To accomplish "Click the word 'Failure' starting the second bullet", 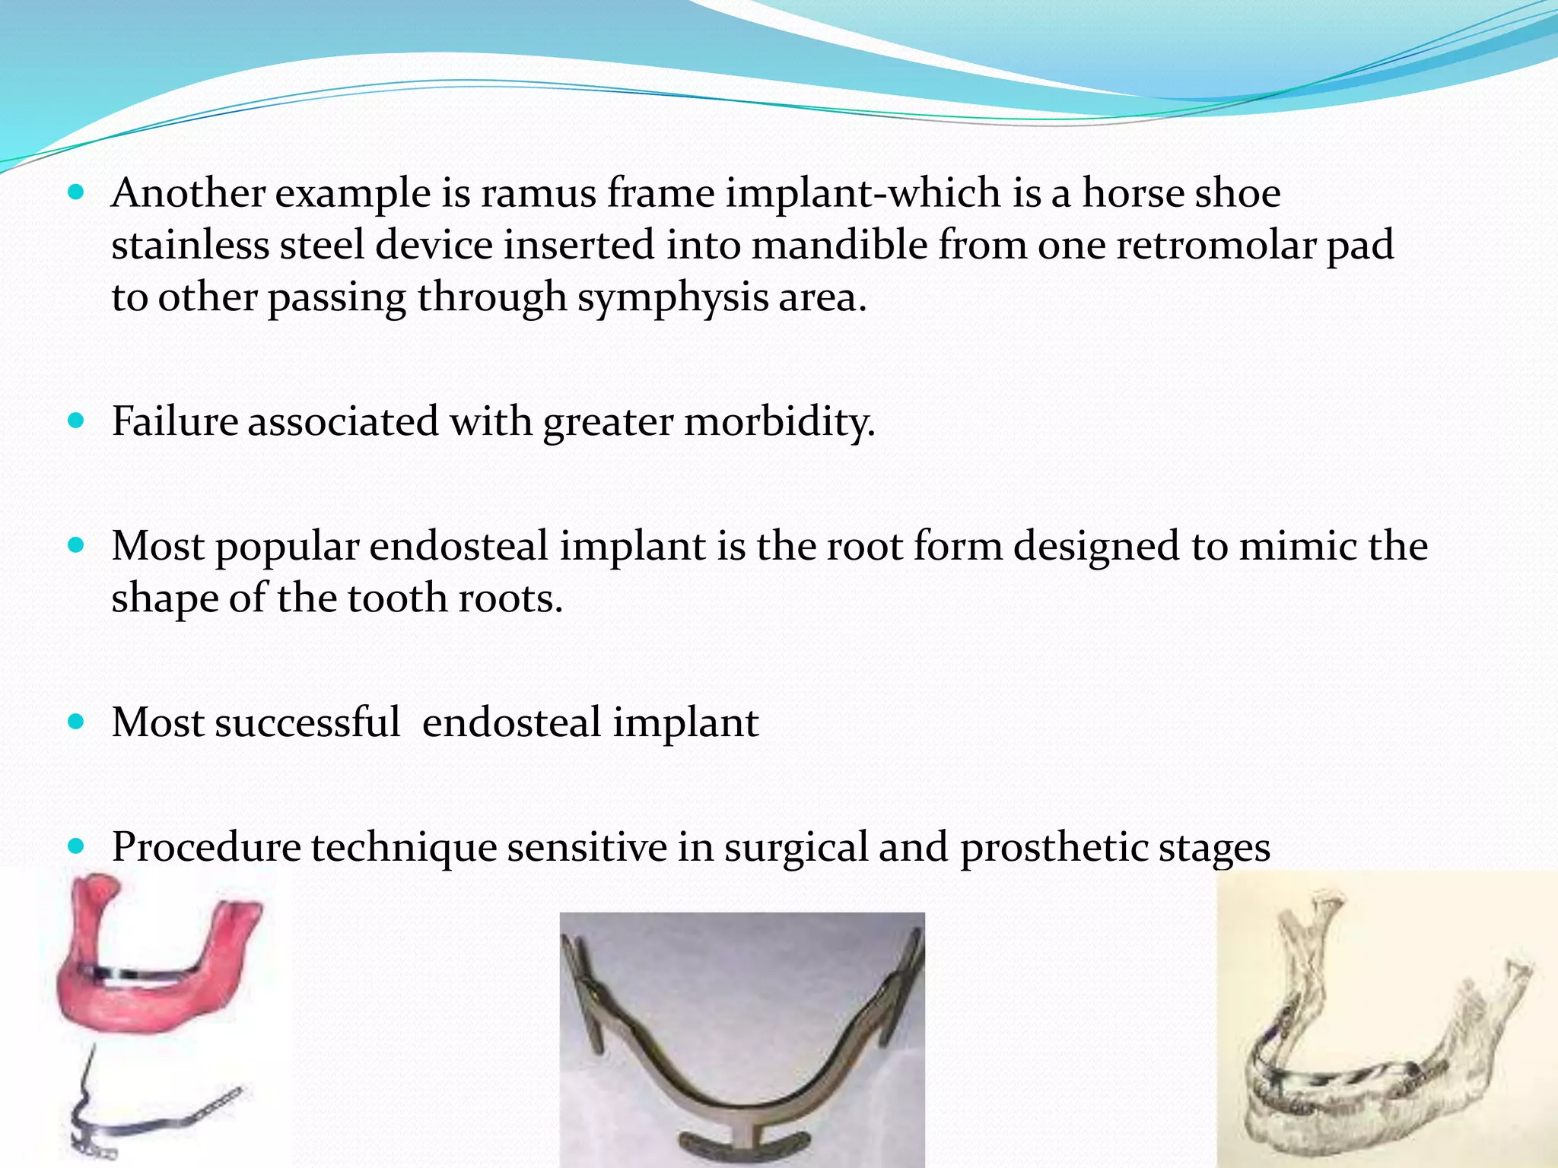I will click(174, 421).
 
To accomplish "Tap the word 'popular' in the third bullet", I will click(287, 547).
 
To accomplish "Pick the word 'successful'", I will click(307, 722).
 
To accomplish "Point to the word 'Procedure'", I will click(206, 847).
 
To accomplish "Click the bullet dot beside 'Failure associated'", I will click(75, 421).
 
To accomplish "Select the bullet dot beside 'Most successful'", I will click(75, 722).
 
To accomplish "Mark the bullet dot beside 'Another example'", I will click(75, 192).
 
